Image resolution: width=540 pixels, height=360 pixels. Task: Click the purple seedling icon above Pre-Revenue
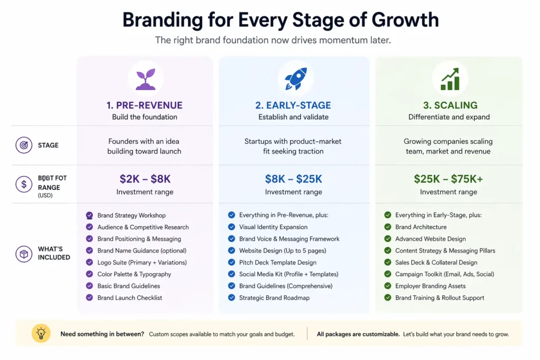coord(145,79)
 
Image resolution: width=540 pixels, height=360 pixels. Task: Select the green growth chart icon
coord(449,79)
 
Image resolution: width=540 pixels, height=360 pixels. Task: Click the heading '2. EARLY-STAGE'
coord(293,105)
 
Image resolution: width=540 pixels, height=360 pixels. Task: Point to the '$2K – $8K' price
coord(145,179)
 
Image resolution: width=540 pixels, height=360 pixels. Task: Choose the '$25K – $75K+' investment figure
coord(448,179)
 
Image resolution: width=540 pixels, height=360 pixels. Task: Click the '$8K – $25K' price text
coord(294,179)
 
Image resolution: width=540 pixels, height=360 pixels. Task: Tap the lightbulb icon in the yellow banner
coord(41,333)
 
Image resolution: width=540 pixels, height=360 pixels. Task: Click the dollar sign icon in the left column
coord(24,184)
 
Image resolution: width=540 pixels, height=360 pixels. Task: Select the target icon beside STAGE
coord(24,145)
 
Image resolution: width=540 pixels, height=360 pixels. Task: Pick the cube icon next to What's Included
coord(24,254)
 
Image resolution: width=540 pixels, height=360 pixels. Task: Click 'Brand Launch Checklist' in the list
coord(130,298)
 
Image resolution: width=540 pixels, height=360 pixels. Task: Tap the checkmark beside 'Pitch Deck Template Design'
coord(232,262)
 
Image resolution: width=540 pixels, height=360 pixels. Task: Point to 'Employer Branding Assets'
coord(430,286)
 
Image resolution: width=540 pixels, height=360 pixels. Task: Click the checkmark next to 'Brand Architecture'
coord(388,227)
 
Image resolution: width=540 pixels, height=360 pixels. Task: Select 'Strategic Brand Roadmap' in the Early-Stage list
coord(274,298)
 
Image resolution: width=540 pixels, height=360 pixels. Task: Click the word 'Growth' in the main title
coord(405,20)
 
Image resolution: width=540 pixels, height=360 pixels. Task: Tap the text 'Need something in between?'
coord(102,334)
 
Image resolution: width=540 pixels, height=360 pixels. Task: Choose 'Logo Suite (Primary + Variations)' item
coord(142,262)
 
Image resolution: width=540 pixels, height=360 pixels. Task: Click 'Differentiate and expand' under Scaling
coord(449,117)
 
